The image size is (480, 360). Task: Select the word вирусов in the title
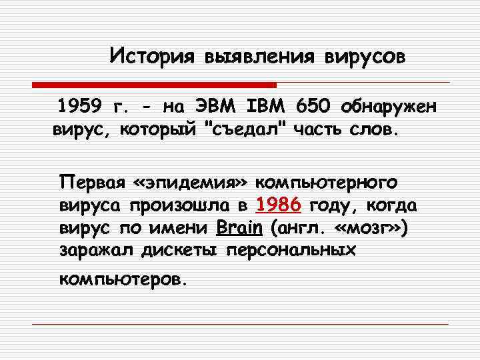tap(364, 55)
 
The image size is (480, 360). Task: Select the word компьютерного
tap(327, 182)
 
